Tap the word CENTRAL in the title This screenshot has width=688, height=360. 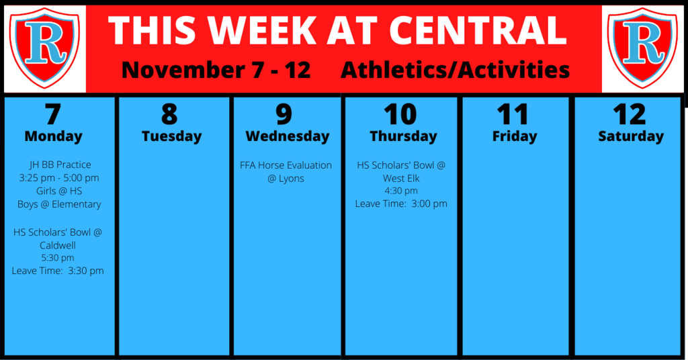coord(478,31)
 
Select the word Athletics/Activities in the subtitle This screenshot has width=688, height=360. coord(455,70)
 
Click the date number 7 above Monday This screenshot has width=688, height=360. coord(52,114)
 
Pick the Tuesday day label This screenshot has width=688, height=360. coord(171,136)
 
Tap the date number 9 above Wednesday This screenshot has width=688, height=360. coord(284,114)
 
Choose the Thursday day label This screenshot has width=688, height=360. coord(403,136)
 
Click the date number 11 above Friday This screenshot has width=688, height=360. coord(513,114)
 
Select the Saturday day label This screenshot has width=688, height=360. coord(631,136)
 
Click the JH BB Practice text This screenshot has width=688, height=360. coord(60,165)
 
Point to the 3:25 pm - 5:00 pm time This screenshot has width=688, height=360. coord(59,178)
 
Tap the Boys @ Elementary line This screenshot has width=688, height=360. coord(59,204)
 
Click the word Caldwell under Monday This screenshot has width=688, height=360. coord(58,245)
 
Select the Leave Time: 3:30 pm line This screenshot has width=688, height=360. coord(58,271)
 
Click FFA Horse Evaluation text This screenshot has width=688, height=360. coord(286,165)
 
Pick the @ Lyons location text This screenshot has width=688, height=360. coord(286,179)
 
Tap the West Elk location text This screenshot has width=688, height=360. coord(401,179)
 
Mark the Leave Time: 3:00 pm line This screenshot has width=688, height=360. coord(401,204)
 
